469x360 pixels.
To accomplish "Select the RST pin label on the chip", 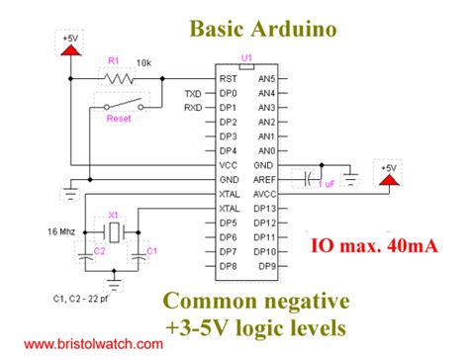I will coord(228,77).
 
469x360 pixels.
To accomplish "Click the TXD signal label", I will coord(193,93).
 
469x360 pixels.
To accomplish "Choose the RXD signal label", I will coord(193,107).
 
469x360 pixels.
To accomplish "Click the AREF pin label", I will coord(264,180).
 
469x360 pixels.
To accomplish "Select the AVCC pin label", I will coord(264,194).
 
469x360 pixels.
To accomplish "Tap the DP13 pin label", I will coord(264,209).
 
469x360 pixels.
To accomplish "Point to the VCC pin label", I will coord(229,165).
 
